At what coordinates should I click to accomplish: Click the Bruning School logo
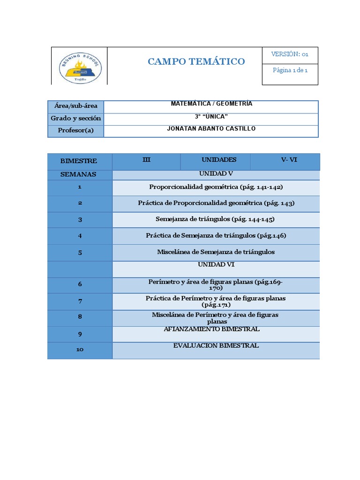(79, 68)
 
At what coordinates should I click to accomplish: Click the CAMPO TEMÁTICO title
(196, 61)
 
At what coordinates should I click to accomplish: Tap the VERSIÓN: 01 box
(290, 54)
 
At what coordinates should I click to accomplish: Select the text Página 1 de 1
(290, 70)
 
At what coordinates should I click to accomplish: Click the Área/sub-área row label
(76, 106)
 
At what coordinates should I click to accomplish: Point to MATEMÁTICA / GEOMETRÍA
(211, 104)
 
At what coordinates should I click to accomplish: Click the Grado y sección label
(76, 118)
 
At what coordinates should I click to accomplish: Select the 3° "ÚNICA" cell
(211, 116)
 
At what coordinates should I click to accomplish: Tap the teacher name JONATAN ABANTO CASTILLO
(211, 128)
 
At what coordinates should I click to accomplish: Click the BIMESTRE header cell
(79, 161)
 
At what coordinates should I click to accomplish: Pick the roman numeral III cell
(146, 160)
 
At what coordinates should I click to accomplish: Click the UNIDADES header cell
(219, 160)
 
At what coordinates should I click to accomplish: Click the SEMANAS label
(79, 174)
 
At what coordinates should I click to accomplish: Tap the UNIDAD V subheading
(216, 173)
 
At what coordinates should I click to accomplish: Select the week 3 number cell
(80, 220)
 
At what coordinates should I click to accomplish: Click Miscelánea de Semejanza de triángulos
(216, 252)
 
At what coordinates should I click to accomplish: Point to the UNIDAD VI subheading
(216, 265)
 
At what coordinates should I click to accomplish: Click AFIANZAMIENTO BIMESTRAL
(211, 330)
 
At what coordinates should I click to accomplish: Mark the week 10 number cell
(80, 350)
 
